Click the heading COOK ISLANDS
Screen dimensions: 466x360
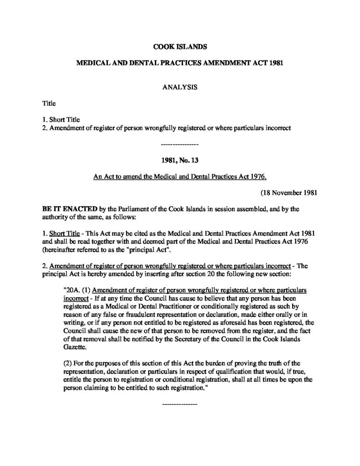point(180,46)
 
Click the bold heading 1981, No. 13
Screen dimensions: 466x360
point(180,160)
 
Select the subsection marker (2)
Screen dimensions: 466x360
point(69,363)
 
